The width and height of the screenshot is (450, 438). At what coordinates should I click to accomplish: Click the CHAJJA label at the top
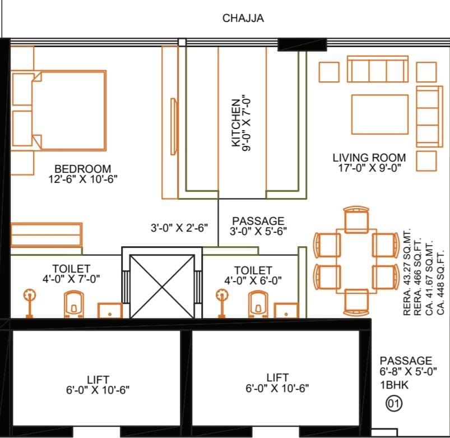pyautogui.click(x=243, y=18)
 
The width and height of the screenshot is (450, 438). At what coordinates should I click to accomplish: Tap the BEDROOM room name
pyautogui.click(x=82, y=169)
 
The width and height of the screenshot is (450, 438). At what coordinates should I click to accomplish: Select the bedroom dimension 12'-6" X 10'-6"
pyautogui.click(x=83, y=179)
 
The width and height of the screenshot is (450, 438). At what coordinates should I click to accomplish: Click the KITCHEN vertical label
pyautogui.click(x=236, y=123)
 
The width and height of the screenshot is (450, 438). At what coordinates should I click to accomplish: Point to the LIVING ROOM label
pyautogui.click(x=369, y=158)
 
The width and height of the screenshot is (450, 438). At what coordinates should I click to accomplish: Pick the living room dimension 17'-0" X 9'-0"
pyautogui.click(x=369, y=168)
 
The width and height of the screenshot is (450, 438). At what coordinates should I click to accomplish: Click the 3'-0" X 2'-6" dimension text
pyautogui.click(x=179, y=228)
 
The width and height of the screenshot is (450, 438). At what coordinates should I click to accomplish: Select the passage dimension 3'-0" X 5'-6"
pyautogui.click(x=258, y=231)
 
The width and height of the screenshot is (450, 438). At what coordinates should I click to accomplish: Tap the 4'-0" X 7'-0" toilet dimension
pyautogui.click(x=71, y=279)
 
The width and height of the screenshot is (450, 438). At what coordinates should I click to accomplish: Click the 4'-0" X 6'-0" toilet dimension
pyautogui.click(x=253, y=280)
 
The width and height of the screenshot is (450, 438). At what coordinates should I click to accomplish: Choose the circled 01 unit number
pyautogui.click(x=394, y=404)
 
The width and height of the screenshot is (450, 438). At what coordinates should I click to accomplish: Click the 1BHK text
pyautogui.click(x=394, y=385)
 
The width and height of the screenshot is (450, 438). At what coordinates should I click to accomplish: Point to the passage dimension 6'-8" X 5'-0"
pyautogui.click(x=408, y=372)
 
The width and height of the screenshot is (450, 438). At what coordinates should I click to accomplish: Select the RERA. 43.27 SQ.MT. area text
pyautogui.click(x=407, y=272)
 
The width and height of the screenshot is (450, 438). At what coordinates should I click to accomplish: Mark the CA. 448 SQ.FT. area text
pyautogui.click(x=440, y=283)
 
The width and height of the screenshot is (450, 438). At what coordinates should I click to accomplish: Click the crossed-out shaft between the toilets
pyautogui.click(x=162, y=287)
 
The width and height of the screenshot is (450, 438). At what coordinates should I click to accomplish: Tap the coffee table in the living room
pyautogui.click(x=380, y=114)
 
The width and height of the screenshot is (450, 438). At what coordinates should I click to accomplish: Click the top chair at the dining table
pyautogui.click(x=356, y=220)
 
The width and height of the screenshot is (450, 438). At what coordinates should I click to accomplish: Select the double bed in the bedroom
pyautogui.click(x=69, y=110)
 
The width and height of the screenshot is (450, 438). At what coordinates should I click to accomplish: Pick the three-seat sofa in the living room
pyautogui.click(x=378, y=69)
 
